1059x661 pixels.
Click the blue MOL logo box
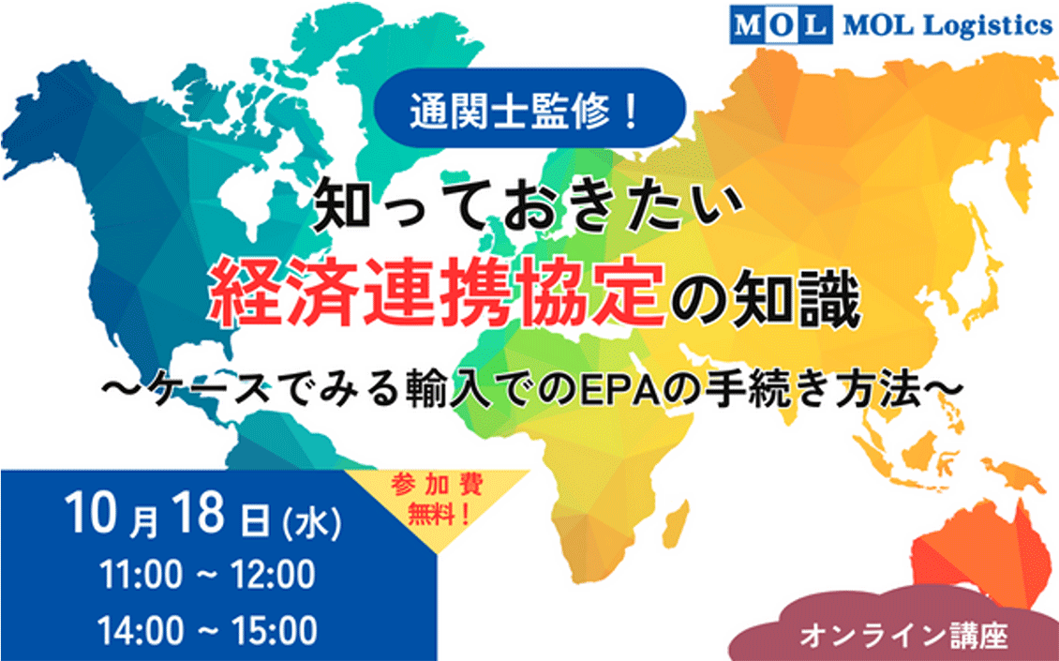click(781, 25)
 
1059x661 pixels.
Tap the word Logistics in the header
click(988, 25)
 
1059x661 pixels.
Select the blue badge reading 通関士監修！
click(529, 108)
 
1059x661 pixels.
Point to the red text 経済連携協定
click(437, 297)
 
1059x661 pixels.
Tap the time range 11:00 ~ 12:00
click(207, 575)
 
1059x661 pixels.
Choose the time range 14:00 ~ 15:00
click(207, 630)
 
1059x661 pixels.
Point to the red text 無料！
click(439, 515)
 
